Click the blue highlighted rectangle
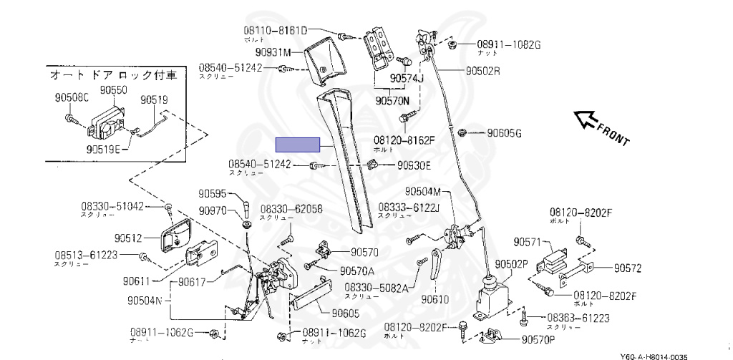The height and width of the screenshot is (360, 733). pos(299,145)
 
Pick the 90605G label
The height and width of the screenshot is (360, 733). pos(505,133)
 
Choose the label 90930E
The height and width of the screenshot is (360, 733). pos(414,165)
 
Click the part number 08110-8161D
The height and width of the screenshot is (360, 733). pos(273,31)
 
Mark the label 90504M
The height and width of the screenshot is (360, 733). pos(428,191)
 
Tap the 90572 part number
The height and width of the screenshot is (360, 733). pos(627,268)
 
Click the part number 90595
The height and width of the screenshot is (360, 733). pos(212,193)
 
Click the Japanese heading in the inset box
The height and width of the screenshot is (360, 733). pos(113,74)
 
